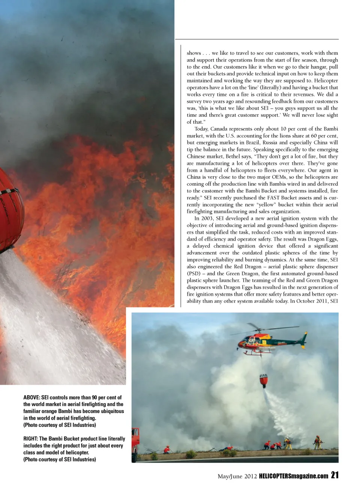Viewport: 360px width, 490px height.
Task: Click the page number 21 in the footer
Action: coord(335,475)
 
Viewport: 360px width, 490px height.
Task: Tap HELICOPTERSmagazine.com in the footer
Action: coord(294,476)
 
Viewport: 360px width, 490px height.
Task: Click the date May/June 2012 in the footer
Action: coord(237,477)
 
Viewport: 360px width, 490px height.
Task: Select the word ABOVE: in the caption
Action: coord(31,397)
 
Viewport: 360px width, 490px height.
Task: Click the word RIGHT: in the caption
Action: coord(30,439)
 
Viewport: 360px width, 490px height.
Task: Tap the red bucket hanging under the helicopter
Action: coord(264,380)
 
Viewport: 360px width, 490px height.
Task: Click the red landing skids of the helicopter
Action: coord(259,353)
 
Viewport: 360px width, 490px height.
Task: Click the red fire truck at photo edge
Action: coord(135,445)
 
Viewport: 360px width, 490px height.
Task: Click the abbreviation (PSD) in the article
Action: coord(194,273)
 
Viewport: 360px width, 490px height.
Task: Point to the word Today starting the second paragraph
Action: coord(201,129)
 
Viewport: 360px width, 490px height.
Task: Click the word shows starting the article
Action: coord(194,53)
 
